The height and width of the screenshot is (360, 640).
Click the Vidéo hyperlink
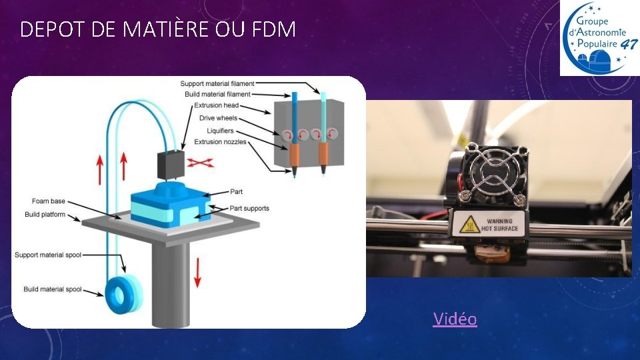(x=455, y=319)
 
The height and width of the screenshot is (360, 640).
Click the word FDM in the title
(x=274, y=30)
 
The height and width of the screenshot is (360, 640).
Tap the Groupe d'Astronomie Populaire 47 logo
(x=598, y=38)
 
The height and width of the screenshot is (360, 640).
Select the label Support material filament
(x=217, y=84)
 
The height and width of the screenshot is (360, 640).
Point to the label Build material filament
(x=217, y=95)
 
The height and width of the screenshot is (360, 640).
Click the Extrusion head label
(x=216, y=105)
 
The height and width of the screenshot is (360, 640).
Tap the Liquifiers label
(x=220, y=131)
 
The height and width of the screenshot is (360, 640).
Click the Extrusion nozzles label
(x=220, y=142)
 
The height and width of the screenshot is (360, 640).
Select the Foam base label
(x=49, y=201)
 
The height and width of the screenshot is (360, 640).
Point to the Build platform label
(x=45, y=215)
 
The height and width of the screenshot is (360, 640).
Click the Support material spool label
(x=48, y=255)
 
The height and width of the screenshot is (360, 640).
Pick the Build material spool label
(x=53, y=289)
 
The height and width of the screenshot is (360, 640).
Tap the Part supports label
(x=249, y=209)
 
